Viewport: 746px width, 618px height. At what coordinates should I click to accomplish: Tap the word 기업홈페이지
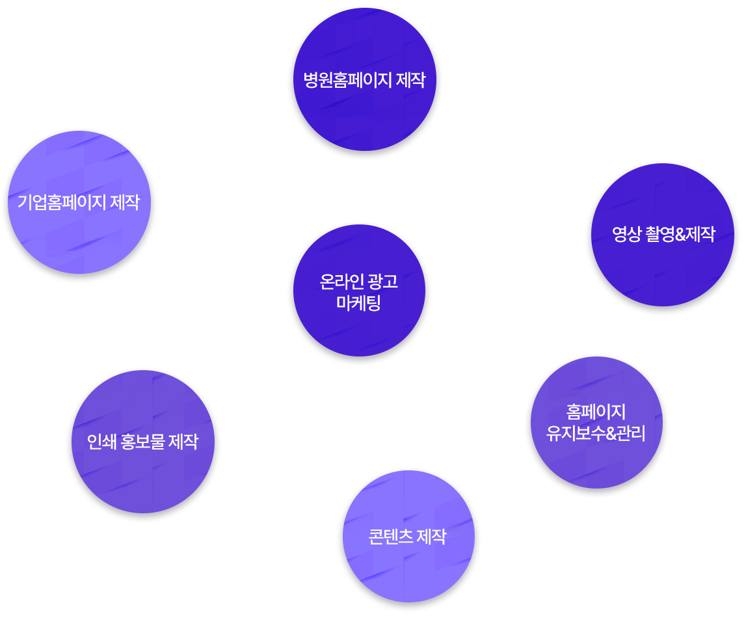pos(61,202)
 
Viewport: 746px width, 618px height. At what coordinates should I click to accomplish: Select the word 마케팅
pos(359,302)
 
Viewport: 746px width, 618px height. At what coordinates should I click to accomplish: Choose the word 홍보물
pos(142,442)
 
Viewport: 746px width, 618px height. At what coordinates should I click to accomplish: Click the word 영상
pos(627,234)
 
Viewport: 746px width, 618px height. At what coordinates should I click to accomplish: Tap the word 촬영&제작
pos(681,234)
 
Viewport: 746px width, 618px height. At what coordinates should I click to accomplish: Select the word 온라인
pos(339,282)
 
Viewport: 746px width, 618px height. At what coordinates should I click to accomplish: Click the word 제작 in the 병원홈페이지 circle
pos(410,80)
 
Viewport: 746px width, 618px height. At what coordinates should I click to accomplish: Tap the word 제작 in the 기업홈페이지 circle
pos(124,202)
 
